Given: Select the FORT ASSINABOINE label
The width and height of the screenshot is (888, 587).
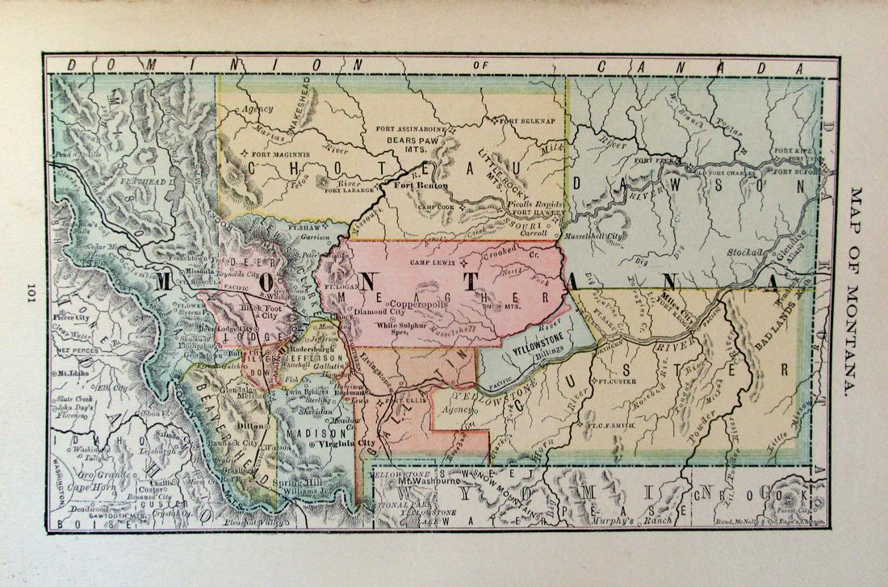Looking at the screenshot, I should [x=417, y=128].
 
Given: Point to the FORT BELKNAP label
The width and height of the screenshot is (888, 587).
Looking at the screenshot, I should [x=528, y=121].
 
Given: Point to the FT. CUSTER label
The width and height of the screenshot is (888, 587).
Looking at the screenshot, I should [x=615, y=379].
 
